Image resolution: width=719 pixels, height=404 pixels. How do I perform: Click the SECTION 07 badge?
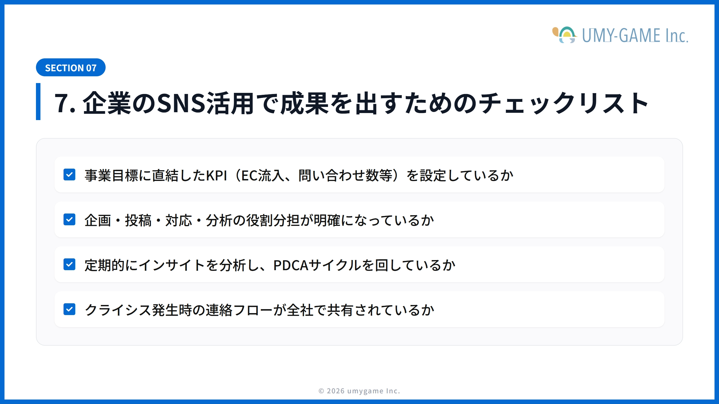pos(70,68)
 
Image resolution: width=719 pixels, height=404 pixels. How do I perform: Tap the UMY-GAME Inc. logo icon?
pos(565,35)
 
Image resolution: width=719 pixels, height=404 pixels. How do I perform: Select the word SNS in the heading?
pos(181,103)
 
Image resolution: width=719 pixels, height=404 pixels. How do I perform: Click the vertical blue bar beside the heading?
pos(38,102)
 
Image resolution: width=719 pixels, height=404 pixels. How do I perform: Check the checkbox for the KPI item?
pos(69,175)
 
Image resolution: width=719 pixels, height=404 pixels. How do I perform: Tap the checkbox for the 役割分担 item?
pos(69,219)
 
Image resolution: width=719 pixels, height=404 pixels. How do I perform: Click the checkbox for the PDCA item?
pos(69,264)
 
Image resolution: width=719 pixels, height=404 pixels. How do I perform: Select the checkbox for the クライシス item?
pos(69,309)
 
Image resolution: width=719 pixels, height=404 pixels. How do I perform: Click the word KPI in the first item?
pos(216,176)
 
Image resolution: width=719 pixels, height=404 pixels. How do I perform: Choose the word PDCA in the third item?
pos(291,265)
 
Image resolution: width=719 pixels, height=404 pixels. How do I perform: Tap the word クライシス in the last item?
pos(118,310)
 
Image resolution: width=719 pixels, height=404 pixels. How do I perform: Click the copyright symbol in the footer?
pos(321,391)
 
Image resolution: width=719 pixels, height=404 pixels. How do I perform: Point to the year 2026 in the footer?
pos(336,391)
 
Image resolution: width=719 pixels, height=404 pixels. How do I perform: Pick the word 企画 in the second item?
pos(98,221)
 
